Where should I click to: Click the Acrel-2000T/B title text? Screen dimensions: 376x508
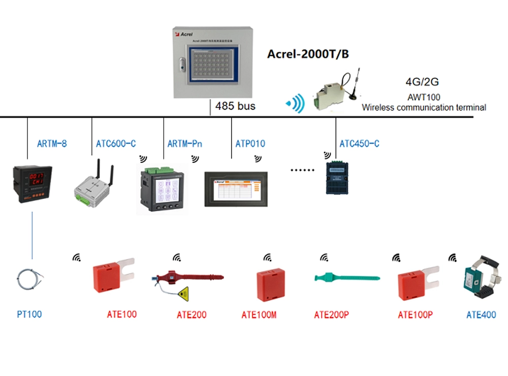[x=308, y=54]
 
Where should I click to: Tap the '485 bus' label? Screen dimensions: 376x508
[x=235, y=106]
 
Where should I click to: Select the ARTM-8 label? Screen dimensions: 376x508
[x=52, y=143]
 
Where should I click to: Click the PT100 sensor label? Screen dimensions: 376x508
[x=29, y=314]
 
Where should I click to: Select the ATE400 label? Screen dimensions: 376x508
[x=481, y=315]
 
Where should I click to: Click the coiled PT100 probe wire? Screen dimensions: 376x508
[x=29, y=278]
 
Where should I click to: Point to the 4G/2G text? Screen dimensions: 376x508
[x=422, y=82]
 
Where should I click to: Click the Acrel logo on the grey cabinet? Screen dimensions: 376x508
[x=183, y=34]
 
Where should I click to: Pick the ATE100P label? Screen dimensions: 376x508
[x=415, y=315]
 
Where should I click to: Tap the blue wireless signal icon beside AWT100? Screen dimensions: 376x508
[x=295, y=104]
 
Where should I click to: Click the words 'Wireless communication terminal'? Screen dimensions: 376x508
[x=424, y=107]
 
